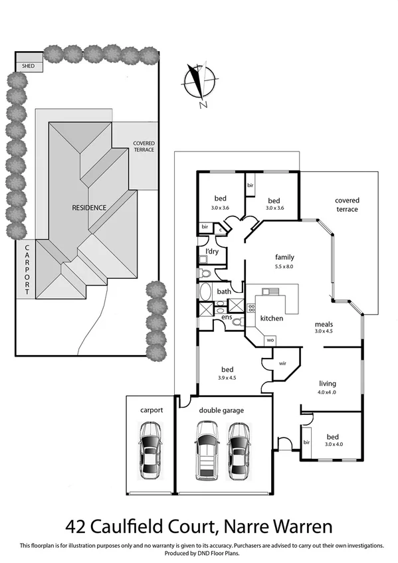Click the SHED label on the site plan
29,66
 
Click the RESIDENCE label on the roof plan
89,208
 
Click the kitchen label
272,319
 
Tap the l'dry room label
212,252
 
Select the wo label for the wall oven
270,340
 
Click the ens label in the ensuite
227,319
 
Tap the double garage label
221,410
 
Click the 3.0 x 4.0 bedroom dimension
336,444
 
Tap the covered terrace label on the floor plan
347,204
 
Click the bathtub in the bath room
205,291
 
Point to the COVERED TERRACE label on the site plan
144,146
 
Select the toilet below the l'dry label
205,273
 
